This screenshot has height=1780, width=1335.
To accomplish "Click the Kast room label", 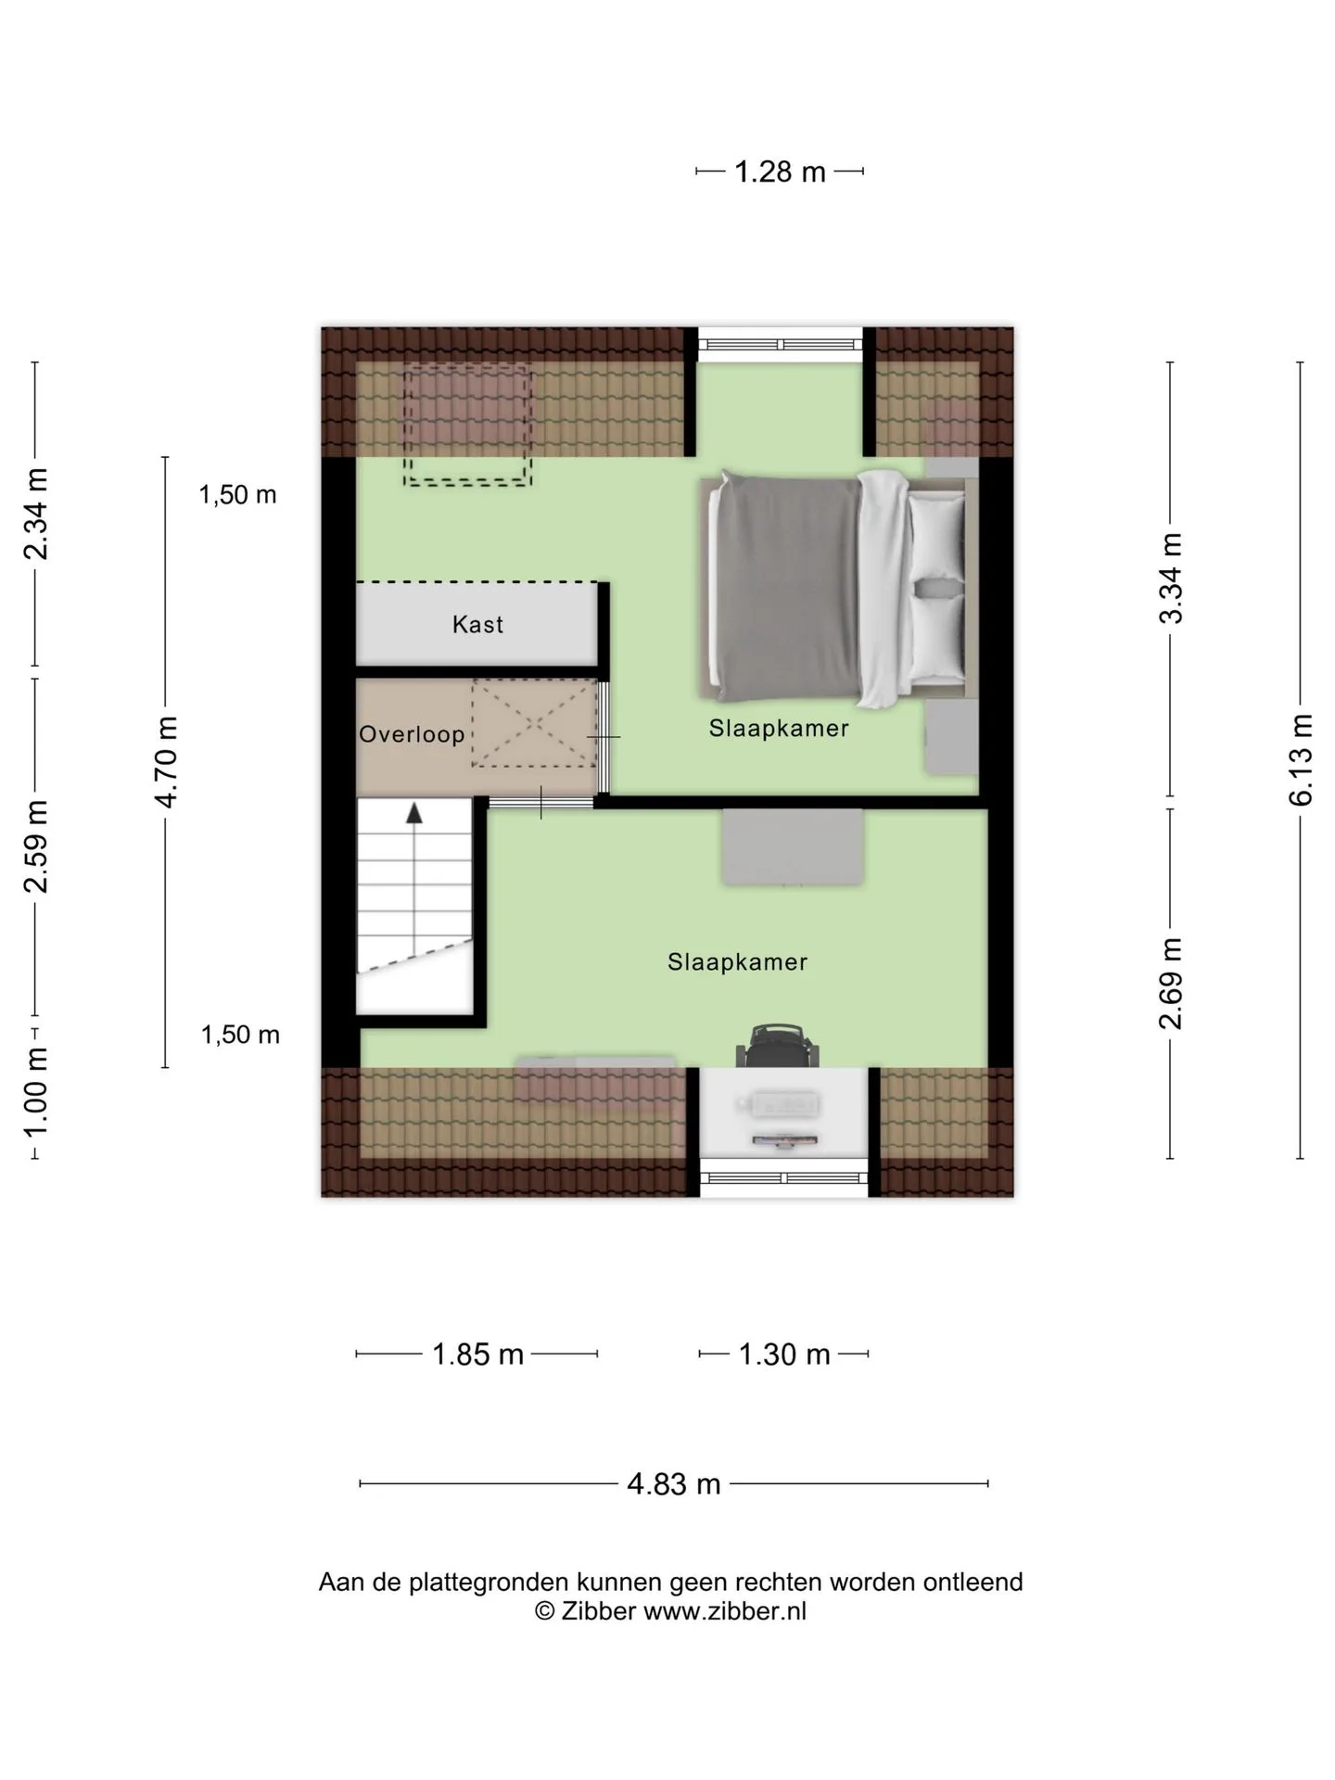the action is click(x=477, y=624).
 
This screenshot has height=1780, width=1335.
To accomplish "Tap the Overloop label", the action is click(x=412, y=734).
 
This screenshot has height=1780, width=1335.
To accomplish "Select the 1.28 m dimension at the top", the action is click(x=780, y=172).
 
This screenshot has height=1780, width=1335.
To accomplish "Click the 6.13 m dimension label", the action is click(x=1301, y=759).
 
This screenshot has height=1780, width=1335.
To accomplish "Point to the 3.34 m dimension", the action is click(x=1171, y=578).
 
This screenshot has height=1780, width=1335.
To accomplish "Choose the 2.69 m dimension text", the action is click(x=1171, y=983).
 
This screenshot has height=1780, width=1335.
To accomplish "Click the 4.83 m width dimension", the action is click(x=674, y=1483).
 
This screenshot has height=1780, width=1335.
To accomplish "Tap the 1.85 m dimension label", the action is click(x=478, y=1354).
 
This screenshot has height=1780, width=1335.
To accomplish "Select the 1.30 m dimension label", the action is click(x=784, y=1354).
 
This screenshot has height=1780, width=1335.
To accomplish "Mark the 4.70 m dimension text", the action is click(x=166, y=762).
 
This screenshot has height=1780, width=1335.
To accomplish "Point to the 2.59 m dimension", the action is click(x=36, y=845).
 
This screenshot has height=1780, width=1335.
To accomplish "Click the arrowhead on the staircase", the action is click(x=414, y=813).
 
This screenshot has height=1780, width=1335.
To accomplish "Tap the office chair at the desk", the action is click(x=779, y=1047).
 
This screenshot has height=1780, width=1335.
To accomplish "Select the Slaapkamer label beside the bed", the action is click(x=779, y=729).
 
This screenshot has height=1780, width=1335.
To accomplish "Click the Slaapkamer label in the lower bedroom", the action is click(x=737, y=962).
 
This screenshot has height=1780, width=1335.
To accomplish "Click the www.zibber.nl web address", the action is click(x=725, y=1611).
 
